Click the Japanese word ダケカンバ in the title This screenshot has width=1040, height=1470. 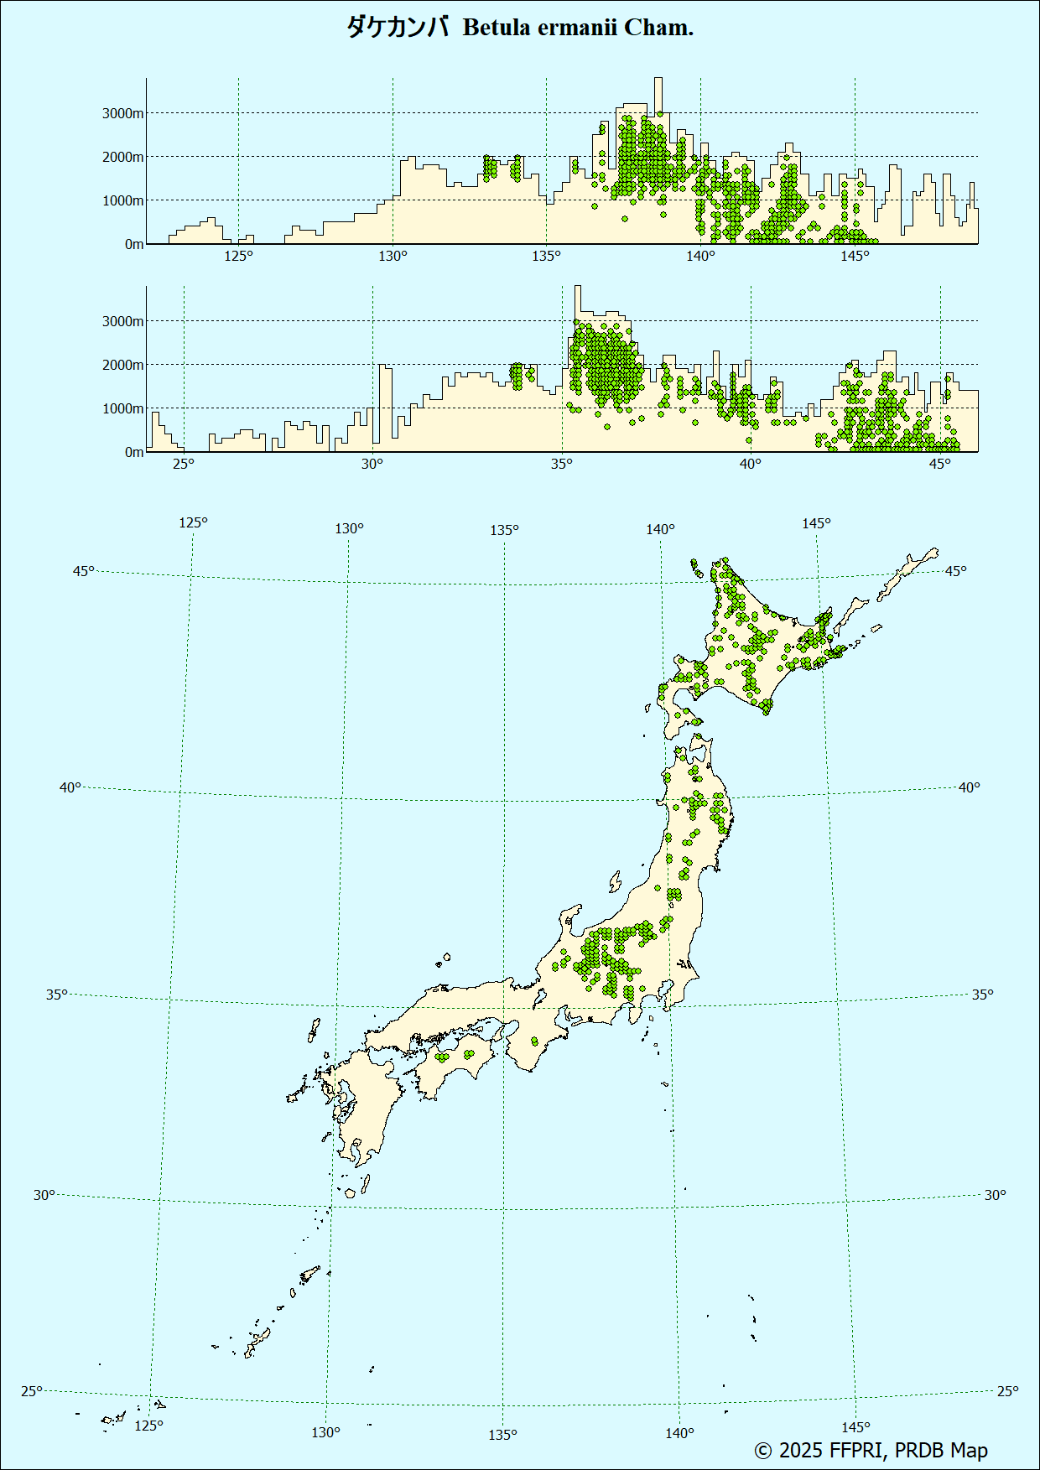tap(398, 28)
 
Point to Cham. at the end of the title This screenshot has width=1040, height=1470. tap(659, 28)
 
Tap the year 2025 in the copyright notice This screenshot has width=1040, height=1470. tap(800, 1450)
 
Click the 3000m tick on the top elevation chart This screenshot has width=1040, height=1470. tap(123, 113)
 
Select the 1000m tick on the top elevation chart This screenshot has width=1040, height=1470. tap(123, 200)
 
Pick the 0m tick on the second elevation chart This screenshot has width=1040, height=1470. tap(134, 452)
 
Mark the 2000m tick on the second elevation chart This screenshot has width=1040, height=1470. tap(123, 365)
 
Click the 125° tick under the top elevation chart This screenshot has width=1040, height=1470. tap(238, 256)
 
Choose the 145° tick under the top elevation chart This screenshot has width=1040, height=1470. tap(855, 256)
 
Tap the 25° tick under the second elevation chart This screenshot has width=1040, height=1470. tap(184, 464)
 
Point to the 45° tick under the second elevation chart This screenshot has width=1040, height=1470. tap(940, 464)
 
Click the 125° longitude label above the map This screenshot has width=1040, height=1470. tap(193, 522)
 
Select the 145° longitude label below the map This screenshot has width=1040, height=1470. tap(855, 1427)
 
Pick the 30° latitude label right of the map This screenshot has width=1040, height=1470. tap(995, 1195)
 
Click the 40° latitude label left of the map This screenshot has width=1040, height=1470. tap(70, 787)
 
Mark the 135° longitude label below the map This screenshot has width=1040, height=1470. tap(502, 1435)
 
